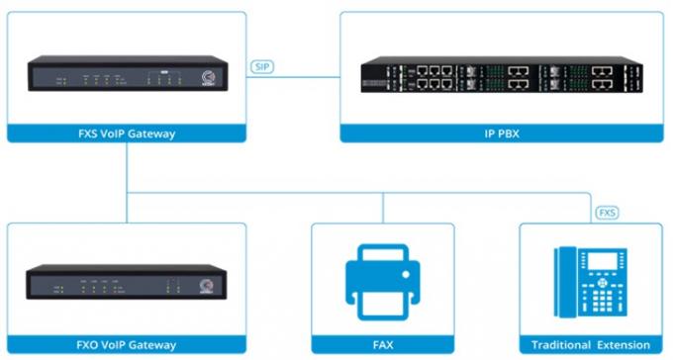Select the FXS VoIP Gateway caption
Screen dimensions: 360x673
(128, 134)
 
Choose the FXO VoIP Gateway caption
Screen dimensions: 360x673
(128, 345)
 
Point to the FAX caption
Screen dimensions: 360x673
(382, 345)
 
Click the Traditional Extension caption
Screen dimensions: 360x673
(591, 345)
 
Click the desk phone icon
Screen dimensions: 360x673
(591, 280)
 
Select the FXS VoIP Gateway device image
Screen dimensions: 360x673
(128, 74)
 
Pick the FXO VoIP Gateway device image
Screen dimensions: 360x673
(128, 281)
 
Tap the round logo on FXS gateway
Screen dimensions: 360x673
(208, 76)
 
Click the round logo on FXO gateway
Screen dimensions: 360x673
(207, 284)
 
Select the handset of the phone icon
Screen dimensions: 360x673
(566, 281)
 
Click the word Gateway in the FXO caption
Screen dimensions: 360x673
(150, 345)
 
